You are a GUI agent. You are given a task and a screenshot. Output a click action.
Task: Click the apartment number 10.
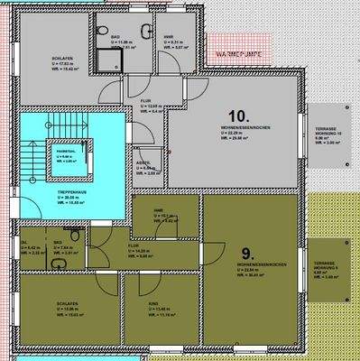pos(238,116)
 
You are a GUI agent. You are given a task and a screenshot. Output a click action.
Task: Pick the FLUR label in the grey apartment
pos(144,102)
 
